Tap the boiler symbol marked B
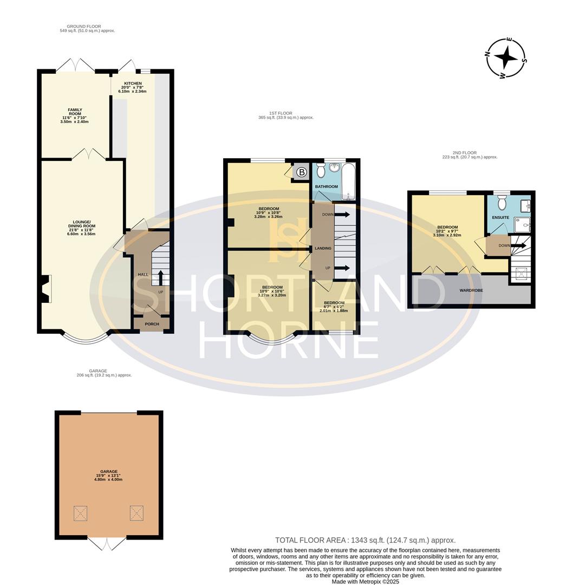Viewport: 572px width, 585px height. [301, 172]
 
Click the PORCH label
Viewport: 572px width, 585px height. [152, 324]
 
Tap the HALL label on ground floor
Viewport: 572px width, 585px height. [143, 275]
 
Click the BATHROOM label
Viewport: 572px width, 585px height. [327, 187]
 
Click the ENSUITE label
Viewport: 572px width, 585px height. [500, 218]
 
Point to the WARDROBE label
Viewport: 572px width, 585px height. [471, 290]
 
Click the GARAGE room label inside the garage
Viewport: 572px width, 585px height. [108, 472]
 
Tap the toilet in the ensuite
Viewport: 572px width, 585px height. [502, 203]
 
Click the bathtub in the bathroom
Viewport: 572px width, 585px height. [347, 181]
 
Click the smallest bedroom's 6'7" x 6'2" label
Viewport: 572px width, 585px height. [334, 307]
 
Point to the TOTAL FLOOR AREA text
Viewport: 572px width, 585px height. [365, 540]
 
